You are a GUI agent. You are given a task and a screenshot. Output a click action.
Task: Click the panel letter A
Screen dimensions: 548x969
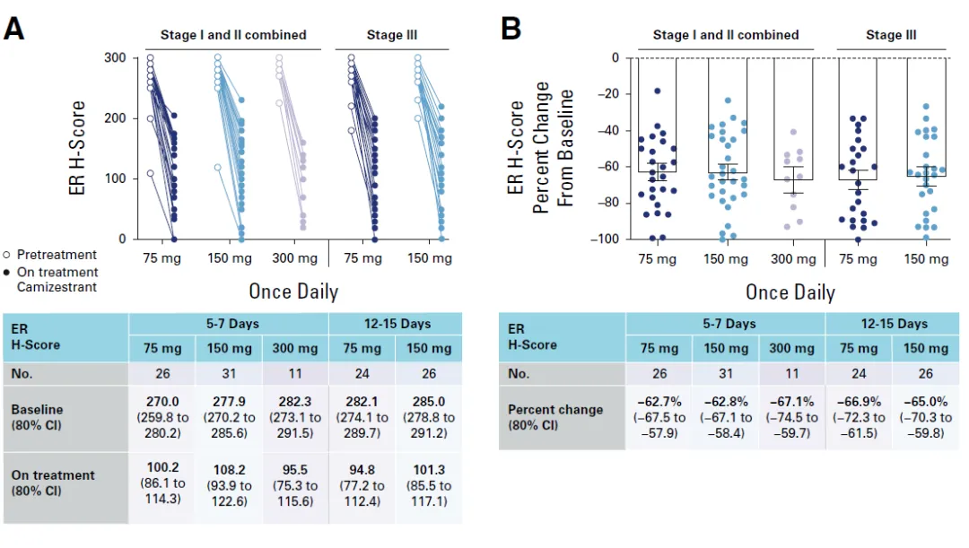pos(13,29)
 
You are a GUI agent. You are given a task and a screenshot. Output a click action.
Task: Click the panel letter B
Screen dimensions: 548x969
pos(511,29)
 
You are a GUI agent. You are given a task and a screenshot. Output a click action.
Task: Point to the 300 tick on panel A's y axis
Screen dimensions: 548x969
pos(115,58)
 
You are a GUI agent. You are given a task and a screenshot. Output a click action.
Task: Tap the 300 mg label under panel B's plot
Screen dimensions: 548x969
pos(792,259)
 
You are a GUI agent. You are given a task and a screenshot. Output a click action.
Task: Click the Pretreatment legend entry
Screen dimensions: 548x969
pos(56,254)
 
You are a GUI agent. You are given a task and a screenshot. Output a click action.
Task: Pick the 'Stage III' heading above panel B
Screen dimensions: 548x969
pos(891,35)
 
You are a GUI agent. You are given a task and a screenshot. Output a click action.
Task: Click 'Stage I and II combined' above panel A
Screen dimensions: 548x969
pos(233,35)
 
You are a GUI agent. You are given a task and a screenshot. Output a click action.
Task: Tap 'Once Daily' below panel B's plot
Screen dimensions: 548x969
pos(790,292)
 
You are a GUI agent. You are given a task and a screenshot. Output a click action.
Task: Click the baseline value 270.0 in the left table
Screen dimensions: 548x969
pos(161,403)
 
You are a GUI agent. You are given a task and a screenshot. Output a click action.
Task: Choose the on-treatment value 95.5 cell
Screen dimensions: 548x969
pos(295,468)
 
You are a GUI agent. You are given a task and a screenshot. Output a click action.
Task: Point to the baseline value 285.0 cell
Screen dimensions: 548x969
pos(430,403)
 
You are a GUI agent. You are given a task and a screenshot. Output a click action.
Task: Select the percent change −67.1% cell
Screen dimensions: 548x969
pos(792,403)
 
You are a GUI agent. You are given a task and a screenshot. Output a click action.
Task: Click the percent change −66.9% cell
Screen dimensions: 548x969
pos(859,403)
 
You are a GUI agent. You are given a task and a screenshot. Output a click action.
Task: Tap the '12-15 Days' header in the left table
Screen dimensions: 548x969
pos(395,324)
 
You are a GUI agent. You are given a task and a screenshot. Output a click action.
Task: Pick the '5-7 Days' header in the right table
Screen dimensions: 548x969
pos(726,324)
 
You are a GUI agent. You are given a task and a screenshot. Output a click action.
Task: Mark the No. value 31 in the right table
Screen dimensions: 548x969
pos(726,373)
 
